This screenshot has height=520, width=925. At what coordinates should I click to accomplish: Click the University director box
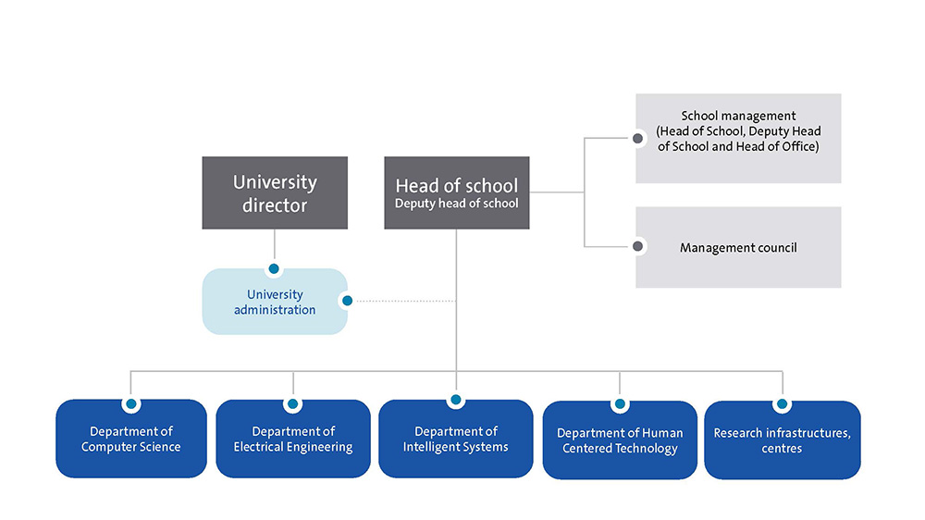click(x=275, y=192)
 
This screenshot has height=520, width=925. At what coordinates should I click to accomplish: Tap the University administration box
click(x=275, y=303)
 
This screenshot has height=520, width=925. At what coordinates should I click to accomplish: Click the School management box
click(x=738, y=138)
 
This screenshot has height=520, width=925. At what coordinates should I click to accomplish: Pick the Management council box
click(x=738, y=247)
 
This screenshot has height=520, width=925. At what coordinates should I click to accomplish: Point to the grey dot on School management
click(x=636, y=139)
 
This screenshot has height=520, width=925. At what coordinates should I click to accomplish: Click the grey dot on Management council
click(x=636, y=247)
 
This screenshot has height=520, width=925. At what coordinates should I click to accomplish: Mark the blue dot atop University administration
click(x=274, y=269)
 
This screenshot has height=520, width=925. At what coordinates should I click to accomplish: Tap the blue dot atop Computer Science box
click(x=131, y=404)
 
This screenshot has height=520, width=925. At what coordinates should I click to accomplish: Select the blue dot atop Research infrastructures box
click(x=782, y=404)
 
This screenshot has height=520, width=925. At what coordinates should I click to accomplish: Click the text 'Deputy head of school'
click(x=457, y=204)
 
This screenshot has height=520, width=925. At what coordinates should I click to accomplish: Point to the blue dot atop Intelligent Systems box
click(x=455, y=401)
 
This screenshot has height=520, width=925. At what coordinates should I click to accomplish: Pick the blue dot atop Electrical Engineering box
click(x=293, y=404)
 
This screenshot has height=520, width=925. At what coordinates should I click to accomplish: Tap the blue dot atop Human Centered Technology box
click(x=620, y=404)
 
